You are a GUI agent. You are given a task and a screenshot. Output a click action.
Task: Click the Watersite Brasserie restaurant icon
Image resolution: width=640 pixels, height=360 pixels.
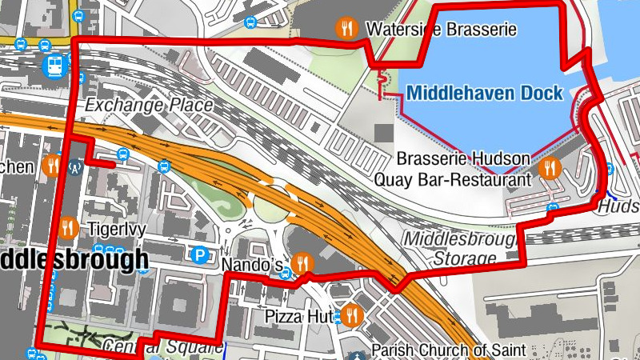[346, 29]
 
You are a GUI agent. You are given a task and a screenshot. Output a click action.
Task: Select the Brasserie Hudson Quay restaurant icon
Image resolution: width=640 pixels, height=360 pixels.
[549, 168]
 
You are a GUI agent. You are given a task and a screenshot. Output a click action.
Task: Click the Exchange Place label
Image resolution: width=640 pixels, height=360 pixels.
[149, 105]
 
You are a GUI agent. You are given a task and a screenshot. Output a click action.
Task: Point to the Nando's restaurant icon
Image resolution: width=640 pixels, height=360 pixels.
[302, 262]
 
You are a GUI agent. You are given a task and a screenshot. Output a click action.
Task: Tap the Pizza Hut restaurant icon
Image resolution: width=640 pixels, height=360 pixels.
[351, 315]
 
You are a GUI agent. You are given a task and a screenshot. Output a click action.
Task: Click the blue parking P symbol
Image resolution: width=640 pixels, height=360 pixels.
[198, 255]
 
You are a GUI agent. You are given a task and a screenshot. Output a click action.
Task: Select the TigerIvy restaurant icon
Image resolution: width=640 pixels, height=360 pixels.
[67, 229]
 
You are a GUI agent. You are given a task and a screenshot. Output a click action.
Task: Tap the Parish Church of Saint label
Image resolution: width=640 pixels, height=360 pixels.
[448, 350]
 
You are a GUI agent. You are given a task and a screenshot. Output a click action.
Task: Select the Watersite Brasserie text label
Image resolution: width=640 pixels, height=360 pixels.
[441, 30]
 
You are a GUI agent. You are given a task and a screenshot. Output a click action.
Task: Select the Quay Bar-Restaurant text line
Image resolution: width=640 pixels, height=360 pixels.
[453, 180]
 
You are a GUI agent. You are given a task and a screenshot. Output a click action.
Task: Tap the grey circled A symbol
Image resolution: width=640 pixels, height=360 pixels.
[76, 168]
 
